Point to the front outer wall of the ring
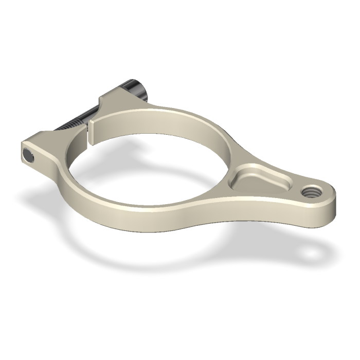[x=154, y=221]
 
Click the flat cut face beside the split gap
[x=94, y=131]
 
